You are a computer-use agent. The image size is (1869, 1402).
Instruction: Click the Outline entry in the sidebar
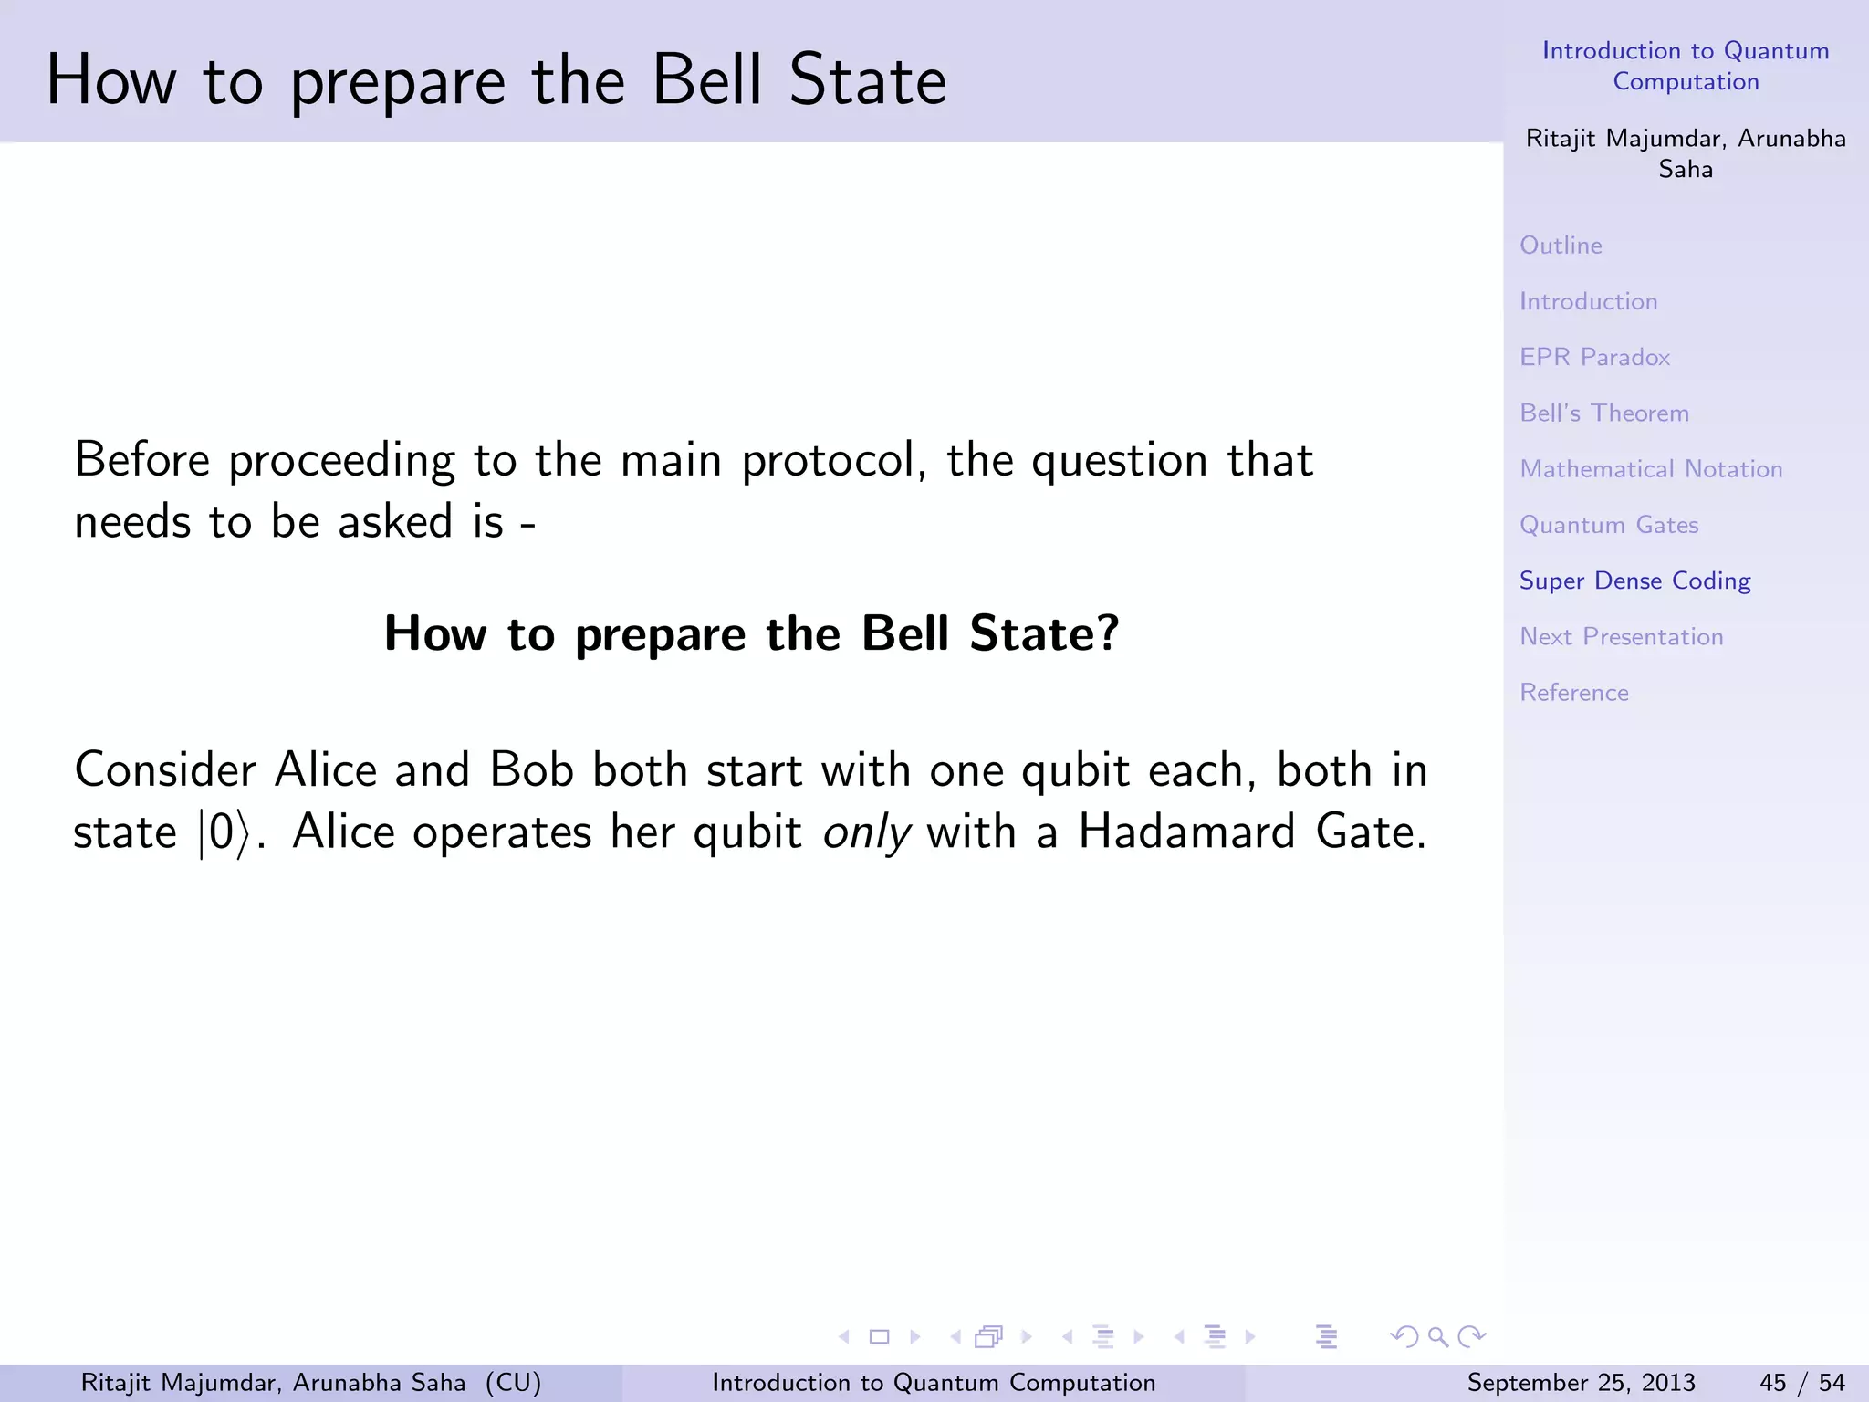[x=1561, y=246]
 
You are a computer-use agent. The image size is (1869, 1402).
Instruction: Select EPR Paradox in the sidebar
[x=1594, y=357]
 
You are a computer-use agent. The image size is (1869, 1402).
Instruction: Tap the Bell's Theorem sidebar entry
[x=1603, y=413]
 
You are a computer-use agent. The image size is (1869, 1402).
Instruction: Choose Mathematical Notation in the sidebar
[x=1650, y=469]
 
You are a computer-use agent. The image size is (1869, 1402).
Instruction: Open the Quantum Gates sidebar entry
[x=1608, y=525]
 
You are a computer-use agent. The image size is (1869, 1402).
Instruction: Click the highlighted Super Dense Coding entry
[x=1634, y=581]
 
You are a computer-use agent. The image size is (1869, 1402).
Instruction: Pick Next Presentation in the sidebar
[x=1621, y=637]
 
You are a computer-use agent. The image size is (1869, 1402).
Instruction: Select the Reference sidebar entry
[x=1573, y=693]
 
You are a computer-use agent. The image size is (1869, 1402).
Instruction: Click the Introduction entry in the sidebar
[x=1588, y=301]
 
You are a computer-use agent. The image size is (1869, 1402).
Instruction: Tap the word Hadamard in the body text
[x=1186, y=832]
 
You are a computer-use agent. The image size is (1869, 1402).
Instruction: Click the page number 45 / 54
[x=1801, y=1383]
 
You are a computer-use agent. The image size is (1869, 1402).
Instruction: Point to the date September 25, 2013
[x=1581, y=1383]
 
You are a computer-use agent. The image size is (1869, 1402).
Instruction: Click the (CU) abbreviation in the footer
[x=513, y=1383]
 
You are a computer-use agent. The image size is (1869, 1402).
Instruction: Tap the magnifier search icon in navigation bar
[x=1438, y=1337]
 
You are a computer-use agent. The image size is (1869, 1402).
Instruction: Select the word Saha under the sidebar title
[x=1685, y=170]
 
